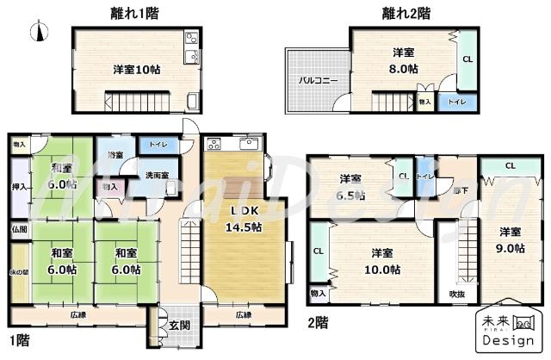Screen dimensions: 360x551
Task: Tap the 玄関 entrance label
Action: pyautogui.click(x=179, y=325)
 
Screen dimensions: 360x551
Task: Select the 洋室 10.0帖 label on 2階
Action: pyautogui.click(x=384, y=260)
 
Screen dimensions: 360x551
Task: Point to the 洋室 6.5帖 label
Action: pyautogui.click(x=350, y=187)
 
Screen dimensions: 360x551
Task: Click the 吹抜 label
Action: pyautogui.click(x=456, y=294)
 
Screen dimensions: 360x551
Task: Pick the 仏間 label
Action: pyautogui.click(x=19, y=230)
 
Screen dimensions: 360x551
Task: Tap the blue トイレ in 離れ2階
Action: pyautogui.click(x=451, y=102)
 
